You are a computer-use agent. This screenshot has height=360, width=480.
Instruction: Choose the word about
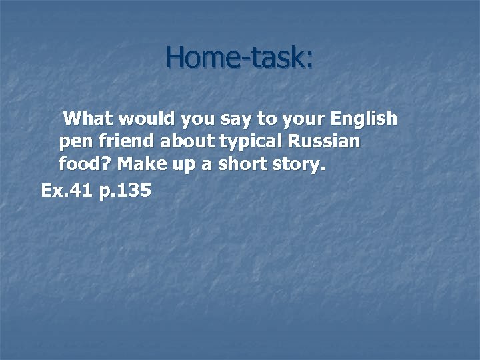click(x=180, y=141)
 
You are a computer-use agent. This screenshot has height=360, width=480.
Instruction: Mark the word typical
click(x=247, y=143)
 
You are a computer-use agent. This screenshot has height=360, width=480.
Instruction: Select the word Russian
click(x=324, y=141)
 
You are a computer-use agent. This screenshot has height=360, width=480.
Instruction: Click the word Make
click(x=142, y=164)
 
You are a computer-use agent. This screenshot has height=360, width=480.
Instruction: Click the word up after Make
click(x=181, y=165)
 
